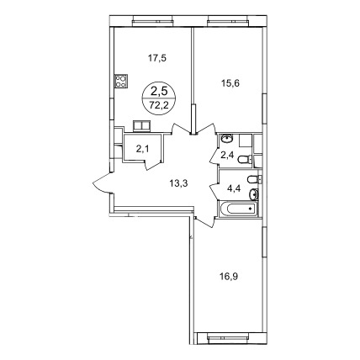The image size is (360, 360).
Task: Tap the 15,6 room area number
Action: [x=230, y=83]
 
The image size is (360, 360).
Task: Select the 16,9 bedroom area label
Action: [x=230, y=277]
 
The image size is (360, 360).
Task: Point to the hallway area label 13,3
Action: [x=178, y=183]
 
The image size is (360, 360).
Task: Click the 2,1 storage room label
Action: [x=143, y=149]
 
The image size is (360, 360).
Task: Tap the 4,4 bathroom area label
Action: [x=233, y=187]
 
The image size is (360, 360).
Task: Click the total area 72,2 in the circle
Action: [x=159, y=105]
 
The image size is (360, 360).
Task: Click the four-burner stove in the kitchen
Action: [x=121, y=81]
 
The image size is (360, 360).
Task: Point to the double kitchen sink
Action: [x=142, y=126]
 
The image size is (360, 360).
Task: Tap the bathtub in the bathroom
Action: [x=238, y=209]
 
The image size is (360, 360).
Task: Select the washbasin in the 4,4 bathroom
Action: [x=254, y=194]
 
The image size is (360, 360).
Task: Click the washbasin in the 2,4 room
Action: [x=227, y=139]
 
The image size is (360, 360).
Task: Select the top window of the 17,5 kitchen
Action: [x=152, y=19]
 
